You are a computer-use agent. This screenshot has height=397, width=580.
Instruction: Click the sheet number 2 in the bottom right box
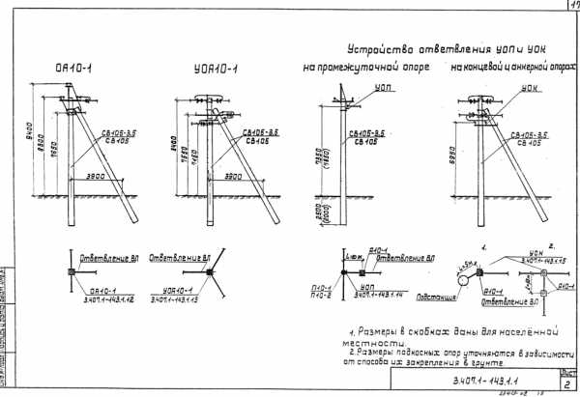(568, 382)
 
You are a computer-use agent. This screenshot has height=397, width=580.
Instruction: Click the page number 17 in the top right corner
(571, 6)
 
